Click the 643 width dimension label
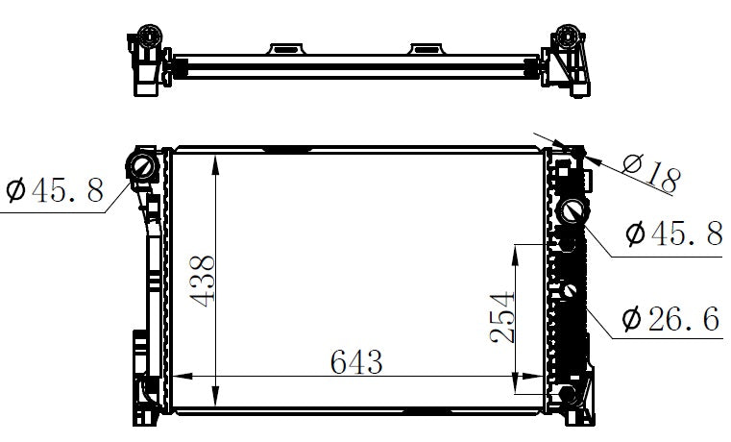point(356,362)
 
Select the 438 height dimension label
point(203,282)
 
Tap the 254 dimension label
point(502,317)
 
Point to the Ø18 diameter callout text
point(651,173)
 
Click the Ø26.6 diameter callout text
point(671,319)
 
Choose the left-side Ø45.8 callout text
point(55,189)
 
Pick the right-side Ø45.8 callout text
point(673,233)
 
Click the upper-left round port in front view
point(143,167)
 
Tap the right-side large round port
point(573,211)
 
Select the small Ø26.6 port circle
point(570,290)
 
